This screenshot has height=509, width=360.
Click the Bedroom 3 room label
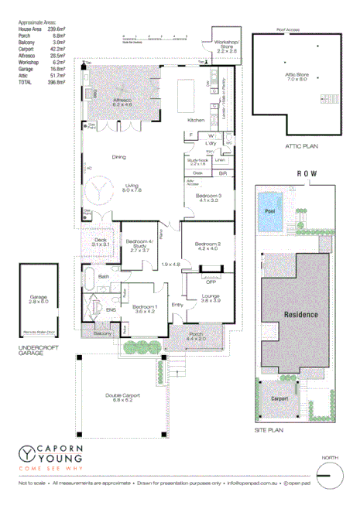pyautogui.click(x=208, y=198)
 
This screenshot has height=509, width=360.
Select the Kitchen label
pyautogui.click(x=195, y=121)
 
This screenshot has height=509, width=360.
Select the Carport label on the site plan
pyautogui.click(x=279, y=399)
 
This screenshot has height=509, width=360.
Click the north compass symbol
pyautogui.click(x=330, y=473)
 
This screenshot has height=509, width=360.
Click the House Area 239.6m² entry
pyautogui.click(x=40, y=30)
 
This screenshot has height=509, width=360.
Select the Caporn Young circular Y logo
pyautogui.click(x=28, y=455)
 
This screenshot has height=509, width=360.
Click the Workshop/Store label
pyautogui.click(x=227, y=46)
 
